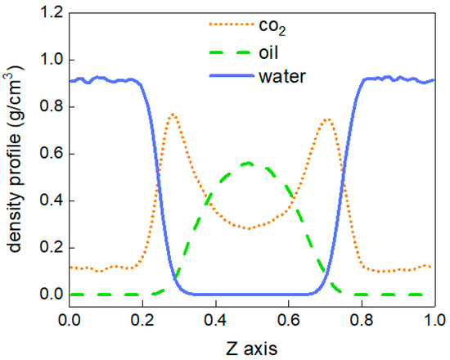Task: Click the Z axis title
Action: click(x=254, y=347)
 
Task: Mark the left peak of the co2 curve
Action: click(x=172, y=115)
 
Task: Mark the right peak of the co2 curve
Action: click(x=327, y=119)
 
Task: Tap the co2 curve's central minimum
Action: click(x=249, y=227)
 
